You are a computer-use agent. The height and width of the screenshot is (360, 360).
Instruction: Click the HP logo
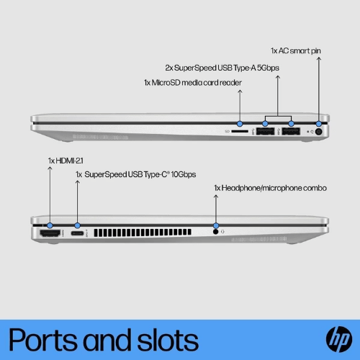[339, 339]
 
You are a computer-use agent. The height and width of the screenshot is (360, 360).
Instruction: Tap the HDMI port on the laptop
[50, 233]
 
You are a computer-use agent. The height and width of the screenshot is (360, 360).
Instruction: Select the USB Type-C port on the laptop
[77, 233]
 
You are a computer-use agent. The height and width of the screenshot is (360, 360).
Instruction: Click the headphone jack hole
[215, 232]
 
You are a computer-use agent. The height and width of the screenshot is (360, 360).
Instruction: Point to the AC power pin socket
[318, 132]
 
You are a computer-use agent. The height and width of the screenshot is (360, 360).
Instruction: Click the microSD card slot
[240, 131]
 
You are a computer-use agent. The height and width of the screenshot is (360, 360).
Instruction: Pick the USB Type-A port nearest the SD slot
[265, 131]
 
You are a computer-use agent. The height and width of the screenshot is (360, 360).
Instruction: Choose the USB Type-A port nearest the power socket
[291, 131]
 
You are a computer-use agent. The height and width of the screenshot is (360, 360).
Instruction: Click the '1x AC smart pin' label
[296, 51]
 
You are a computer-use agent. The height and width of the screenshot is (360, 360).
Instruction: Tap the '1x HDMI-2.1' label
[66, 161]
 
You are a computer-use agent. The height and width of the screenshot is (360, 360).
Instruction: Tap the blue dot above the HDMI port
[50, 225]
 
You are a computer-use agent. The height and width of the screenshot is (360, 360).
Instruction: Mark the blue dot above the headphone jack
[216, 225]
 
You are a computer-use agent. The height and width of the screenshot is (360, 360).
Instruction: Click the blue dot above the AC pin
[319, 124]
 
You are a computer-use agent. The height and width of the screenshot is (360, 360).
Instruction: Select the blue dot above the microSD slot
[240, 124]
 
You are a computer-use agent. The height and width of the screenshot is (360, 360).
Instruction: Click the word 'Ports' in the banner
[42, 340]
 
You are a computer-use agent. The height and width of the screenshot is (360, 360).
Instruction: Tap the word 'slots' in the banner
[168, 339]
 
